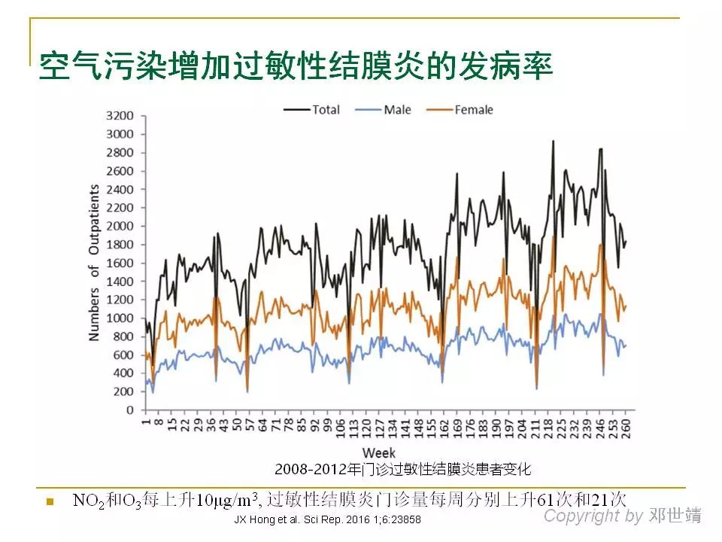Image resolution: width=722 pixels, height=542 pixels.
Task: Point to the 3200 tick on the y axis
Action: coord(120,116)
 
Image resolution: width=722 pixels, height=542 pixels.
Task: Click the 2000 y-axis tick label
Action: coord(120,226)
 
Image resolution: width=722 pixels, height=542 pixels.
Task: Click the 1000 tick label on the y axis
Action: coord(120,318)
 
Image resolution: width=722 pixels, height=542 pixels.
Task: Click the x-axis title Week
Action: coord(380,452)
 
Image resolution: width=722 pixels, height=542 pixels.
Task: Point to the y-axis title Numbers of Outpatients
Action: coord(94,262)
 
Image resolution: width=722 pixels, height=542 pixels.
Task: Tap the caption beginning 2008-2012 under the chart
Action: coord(403,469)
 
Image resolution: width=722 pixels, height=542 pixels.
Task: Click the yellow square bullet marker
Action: coord(51,501)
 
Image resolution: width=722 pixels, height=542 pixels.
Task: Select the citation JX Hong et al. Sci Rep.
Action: coord(327,519)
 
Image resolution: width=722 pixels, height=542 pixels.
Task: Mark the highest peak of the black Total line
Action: coord(553,141)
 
